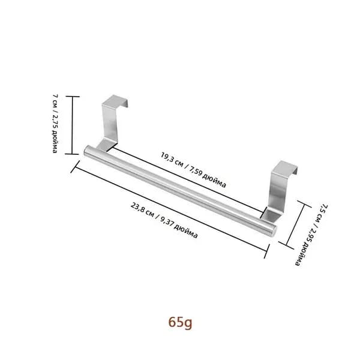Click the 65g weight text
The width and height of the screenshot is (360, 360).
click(180, 322)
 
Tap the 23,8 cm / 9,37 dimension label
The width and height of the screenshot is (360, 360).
click(164, 220)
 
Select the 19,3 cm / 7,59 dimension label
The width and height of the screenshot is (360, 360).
click(193, 170)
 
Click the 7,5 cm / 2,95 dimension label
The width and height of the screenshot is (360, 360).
click(311, 235)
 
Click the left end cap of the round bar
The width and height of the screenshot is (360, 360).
click(86, 150)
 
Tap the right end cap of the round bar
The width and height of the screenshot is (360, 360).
click(274, 231)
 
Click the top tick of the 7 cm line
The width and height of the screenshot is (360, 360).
click(73, 97)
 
